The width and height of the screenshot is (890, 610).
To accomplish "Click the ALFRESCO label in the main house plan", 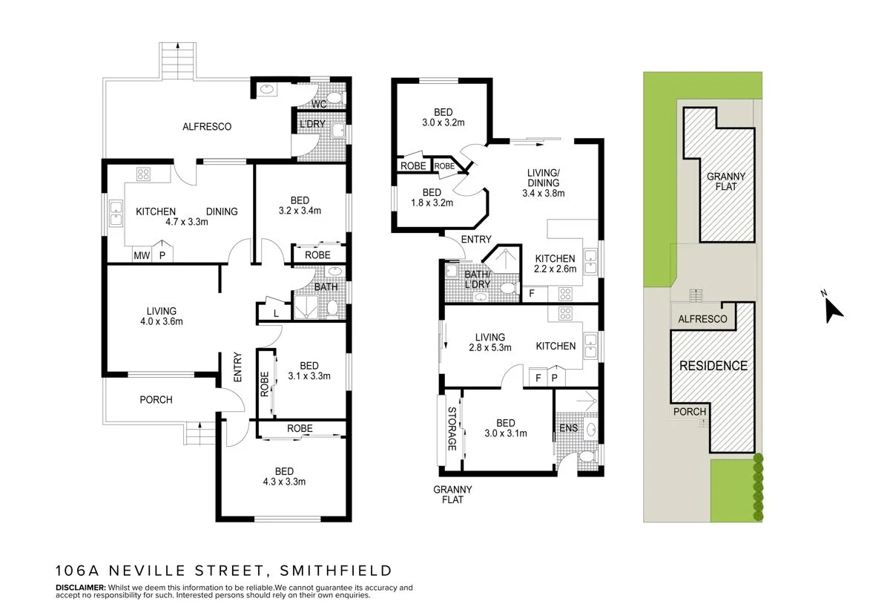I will click(x=207, y=127).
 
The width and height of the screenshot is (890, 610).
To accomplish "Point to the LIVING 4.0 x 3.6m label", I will click(x=161, y=316).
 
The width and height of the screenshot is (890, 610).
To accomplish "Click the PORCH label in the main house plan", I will click(x=156, y=400).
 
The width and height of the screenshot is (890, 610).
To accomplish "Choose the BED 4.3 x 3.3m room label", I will click(x=284, y=476).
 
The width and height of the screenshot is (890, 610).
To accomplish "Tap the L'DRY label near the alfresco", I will click(x=311, y=125).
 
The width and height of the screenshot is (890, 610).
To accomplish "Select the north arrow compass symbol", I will click(x=834, y=308).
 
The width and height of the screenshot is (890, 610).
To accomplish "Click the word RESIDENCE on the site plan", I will click(x=713, y=366).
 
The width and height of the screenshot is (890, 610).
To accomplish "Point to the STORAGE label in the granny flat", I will click(x=451, y=429).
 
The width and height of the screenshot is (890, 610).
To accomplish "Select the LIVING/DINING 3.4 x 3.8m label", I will click(x=544, y=183).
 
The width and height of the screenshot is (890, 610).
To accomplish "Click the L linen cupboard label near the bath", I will click(x=276, y=313).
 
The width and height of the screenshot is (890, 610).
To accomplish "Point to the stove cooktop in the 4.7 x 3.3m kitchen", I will click(x=142, y=175).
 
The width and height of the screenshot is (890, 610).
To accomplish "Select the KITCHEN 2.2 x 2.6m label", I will click(x=556, y=264).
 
